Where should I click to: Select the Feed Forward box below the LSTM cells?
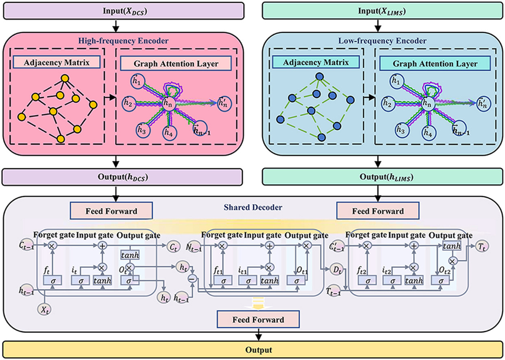(258, 320)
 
